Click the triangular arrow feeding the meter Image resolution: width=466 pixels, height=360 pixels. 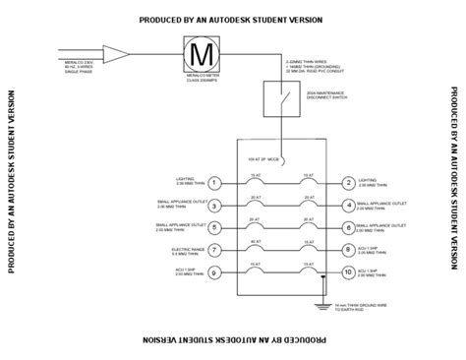pyautogui.click(x=112, y=52)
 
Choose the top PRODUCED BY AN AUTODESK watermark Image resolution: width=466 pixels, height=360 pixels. pyautogui.click(x=232, y=18)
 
